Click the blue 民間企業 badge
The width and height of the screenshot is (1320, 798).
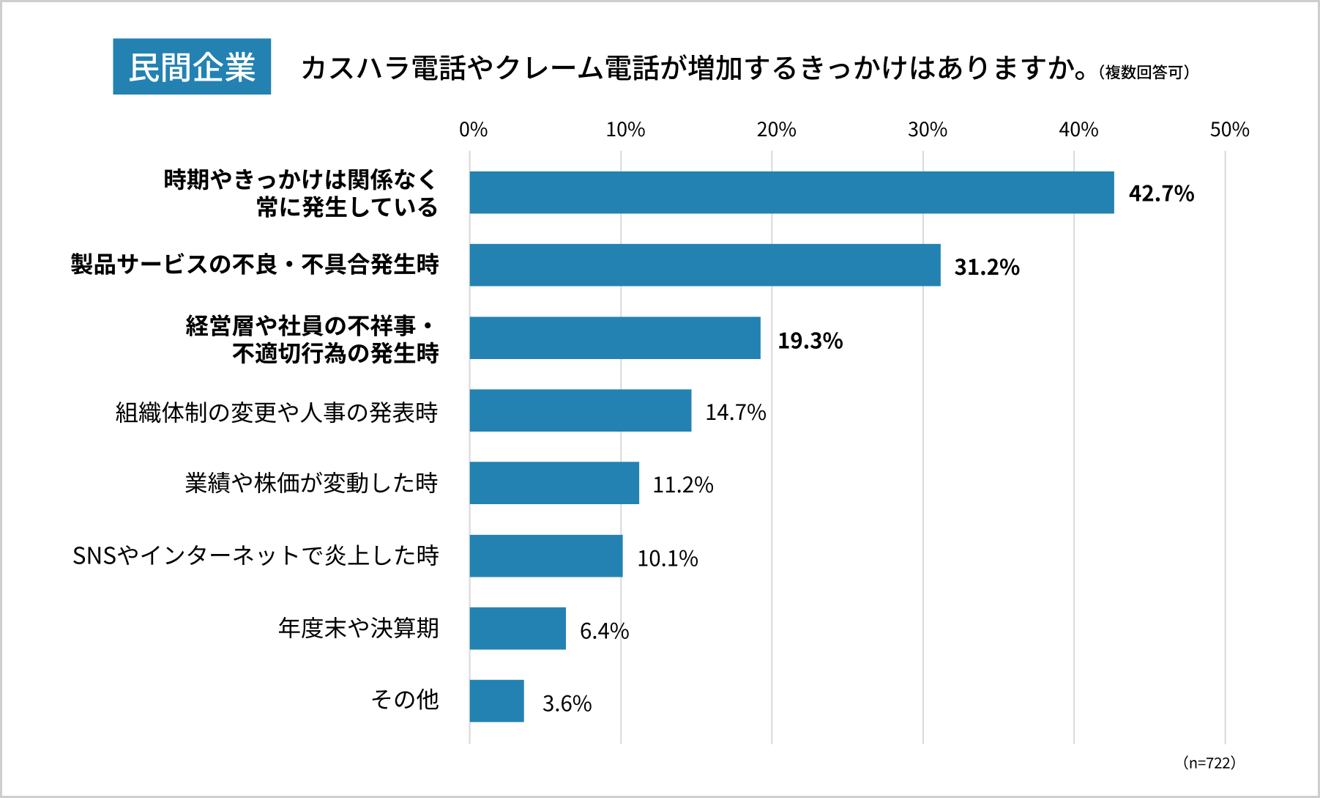click(x=192, y=67)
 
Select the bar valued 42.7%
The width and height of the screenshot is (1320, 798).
click(x=791, y=193)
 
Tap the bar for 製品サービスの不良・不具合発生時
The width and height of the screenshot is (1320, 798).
click(x=704, y=265)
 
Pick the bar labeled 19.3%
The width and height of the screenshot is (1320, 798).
click(x=615, y=338)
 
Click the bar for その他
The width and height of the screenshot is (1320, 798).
click(x=496, y=701)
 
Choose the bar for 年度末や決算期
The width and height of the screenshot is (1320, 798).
click(x=518, y=628)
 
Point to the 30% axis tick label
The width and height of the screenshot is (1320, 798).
click(x=927, y=130)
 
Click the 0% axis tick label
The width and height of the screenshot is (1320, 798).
click(x=473, y=130)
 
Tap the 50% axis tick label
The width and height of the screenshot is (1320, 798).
click(x=1229, y=130)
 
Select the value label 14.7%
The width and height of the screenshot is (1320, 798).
click(x=735, y=413)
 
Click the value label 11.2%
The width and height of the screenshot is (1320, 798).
click(x=682, y=485)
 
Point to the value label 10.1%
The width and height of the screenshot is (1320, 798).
click(x=667, y=558)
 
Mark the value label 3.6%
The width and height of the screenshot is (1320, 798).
click(x=567, y=703)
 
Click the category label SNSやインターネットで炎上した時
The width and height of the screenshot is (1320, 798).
click(x=256, y=555)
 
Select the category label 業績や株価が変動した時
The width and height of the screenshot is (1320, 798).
click(x=311, y=483)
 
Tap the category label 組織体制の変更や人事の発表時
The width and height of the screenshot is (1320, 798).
click(x=277, y=413)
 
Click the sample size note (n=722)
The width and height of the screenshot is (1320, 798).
click(x=1209, y=763)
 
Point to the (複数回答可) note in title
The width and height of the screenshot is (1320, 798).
click(x=1144, y=73)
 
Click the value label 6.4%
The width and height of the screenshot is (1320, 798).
click(x=604, y=631)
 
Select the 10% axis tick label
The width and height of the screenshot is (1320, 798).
click(x=625, y=130)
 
